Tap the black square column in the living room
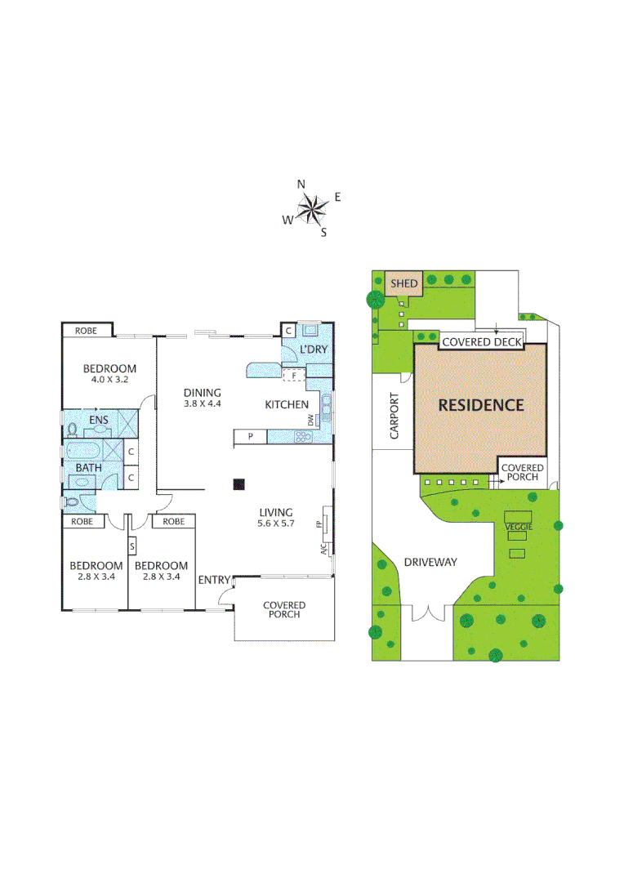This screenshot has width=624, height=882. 238,484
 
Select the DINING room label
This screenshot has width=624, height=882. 202,393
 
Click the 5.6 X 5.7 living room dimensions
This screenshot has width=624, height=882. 276,524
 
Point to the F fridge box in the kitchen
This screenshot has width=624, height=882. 294,375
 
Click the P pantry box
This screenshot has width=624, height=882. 251,437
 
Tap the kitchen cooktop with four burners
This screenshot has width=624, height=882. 304,437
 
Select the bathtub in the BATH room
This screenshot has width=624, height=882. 86,452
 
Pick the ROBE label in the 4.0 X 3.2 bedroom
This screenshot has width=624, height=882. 87,331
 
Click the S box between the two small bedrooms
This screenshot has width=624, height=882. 131,546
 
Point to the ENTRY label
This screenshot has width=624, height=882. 214,580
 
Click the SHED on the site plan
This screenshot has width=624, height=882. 404,284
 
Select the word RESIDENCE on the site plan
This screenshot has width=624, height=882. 480,404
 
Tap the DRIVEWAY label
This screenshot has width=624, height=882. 430,562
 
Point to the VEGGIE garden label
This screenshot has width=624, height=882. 519,528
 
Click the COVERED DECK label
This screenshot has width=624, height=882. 482,342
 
